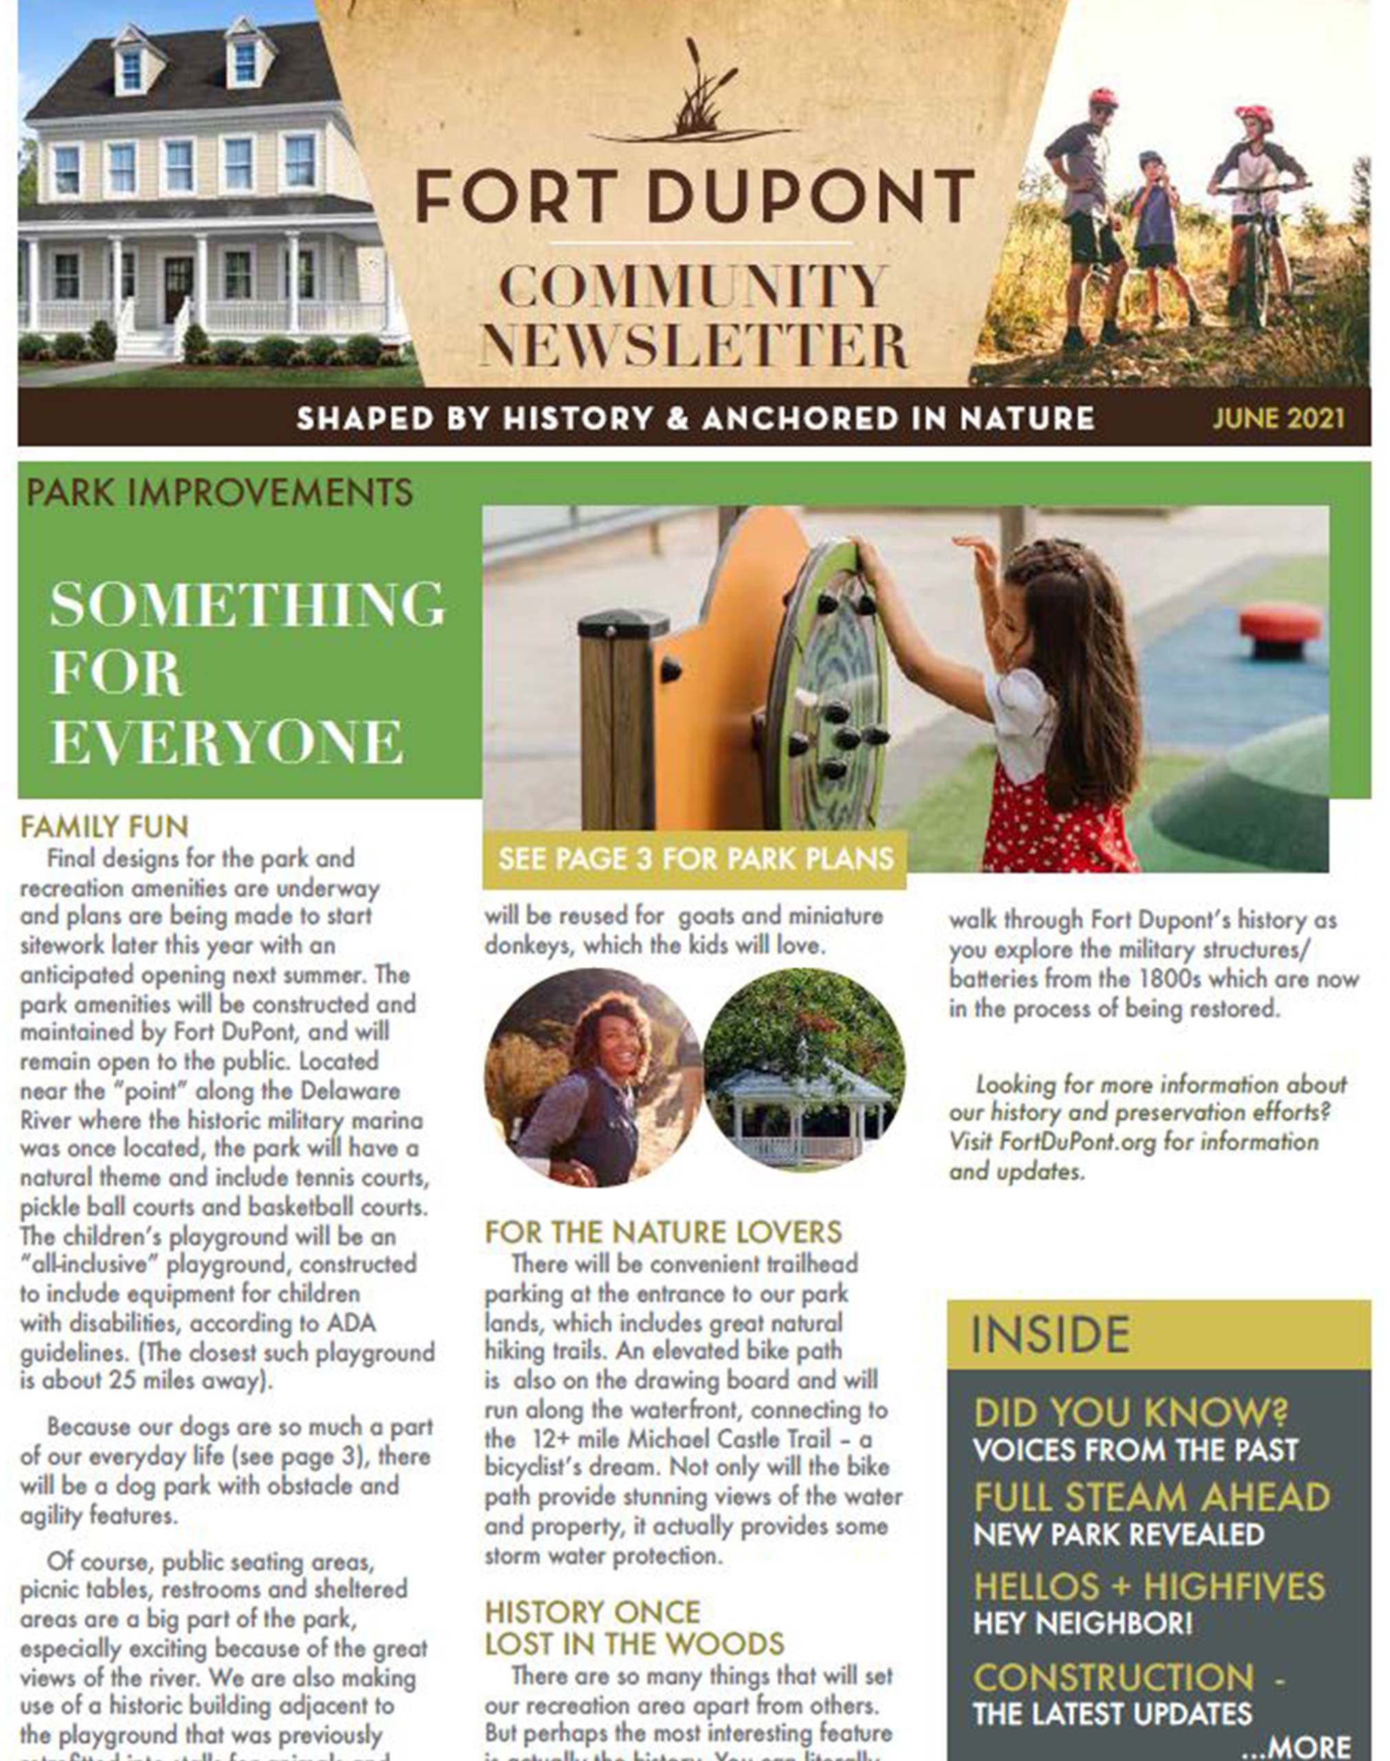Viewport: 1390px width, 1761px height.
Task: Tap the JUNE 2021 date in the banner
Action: coord(1279,418)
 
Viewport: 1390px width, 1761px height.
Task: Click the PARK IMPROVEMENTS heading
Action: coord(219,493)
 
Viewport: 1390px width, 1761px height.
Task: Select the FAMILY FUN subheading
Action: coord(104,827)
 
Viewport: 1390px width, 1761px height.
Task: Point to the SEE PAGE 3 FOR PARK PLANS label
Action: coord(696,858)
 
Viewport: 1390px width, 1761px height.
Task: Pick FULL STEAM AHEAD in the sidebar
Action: coord(1151,1498)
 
